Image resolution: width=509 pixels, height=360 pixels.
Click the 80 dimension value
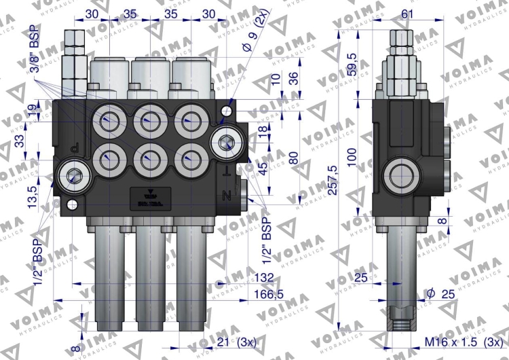click(294, 157)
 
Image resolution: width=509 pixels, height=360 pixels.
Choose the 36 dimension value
click(294, 78)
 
